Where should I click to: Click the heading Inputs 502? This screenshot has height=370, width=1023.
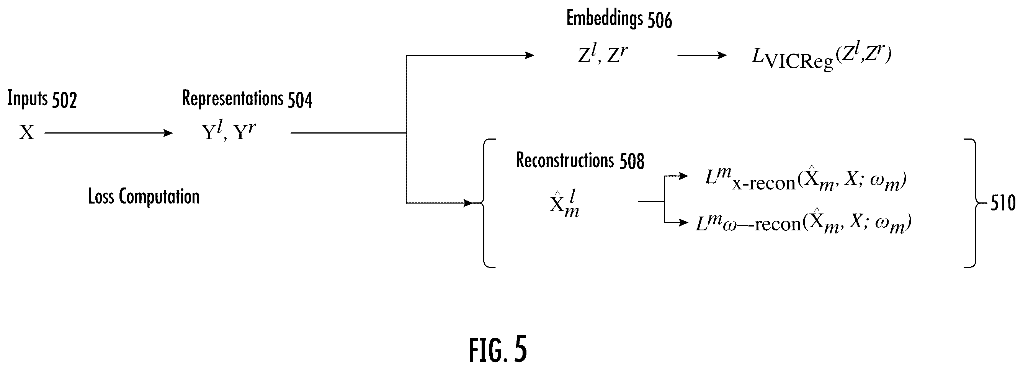pyautogui.click(x=42, y=99)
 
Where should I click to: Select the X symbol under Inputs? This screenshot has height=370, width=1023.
pyautogui.click(x=26, y=132)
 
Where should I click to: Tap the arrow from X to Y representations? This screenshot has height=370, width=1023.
pyautogui.click(x=108, y=133)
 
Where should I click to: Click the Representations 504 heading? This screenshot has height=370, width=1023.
pyautogui.click(x=247, y=99)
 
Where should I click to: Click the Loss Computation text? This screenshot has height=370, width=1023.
pyautogui.click(x=144, y=197)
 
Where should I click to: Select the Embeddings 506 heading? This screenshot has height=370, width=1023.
pyautogui.click(x=619, y=19)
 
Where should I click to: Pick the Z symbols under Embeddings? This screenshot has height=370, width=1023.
pyautogui.click(x=603, y=54)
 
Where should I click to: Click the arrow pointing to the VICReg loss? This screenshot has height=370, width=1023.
pyautogui.click(x=702, y=55)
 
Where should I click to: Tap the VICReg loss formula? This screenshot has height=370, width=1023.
pyautogui.click(x=822, y=58)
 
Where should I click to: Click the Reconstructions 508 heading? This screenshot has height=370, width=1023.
pyautogui.click(x=580, y=161)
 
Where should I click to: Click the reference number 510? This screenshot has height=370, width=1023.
pyautogui.click(x=1003, y=204)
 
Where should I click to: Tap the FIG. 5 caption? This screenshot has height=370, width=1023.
pyautogui.click(x=498, y=349)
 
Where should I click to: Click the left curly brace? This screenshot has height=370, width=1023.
pyautogui.click(x=484, y=203)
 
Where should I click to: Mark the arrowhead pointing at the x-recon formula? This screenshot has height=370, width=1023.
pyautogui.click(x=683, y=176)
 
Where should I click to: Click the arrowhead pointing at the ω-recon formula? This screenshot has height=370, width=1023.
pyautogui.click(x=683, y=223)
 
